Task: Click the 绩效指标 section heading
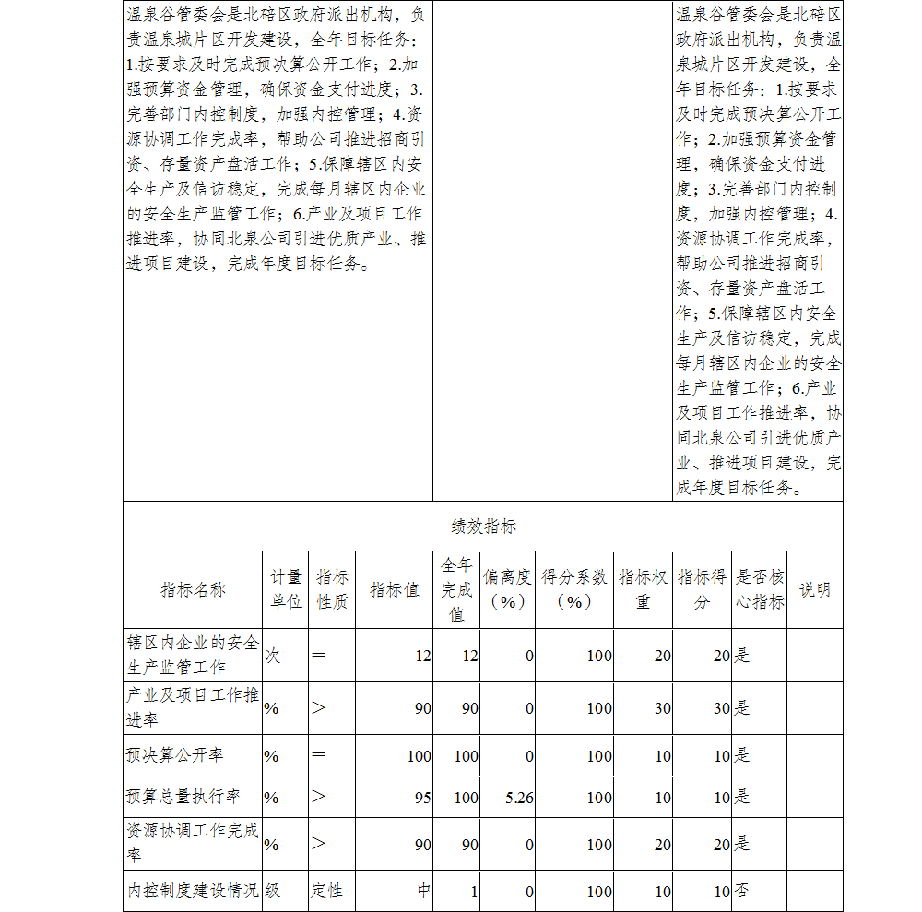[x=483, y=527]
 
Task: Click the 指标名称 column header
[x=193, y=590]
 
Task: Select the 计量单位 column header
[x=286, y=589]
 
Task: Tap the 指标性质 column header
[x=332, y=589]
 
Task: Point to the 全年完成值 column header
[x=456, y=589]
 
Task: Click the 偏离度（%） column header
[x=507, y=589]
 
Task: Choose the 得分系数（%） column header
[x=573, y=589]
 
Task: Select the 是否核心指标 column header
[x=760, y=589]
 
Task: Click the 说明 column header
[x=814, y=590]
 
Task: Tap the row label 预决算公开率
[x=174, y=755]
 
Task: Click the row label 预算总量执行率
[x=183, y=797]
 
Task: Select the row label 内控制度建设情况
[x=192, y=891]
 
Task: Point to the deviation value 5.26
[x=519, y=797]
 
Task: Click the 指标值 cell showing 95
[x=422, y=797]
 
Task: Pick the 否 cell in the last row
[x=741, y=891]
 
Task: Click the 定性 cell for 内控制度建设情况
[x=326, y=891]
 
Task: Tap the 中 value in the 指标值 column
[x=424, y=891]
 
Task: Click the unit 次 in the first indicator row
[x=273, y=656]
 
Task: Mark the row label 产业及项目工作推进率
[x=192, y=707]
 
